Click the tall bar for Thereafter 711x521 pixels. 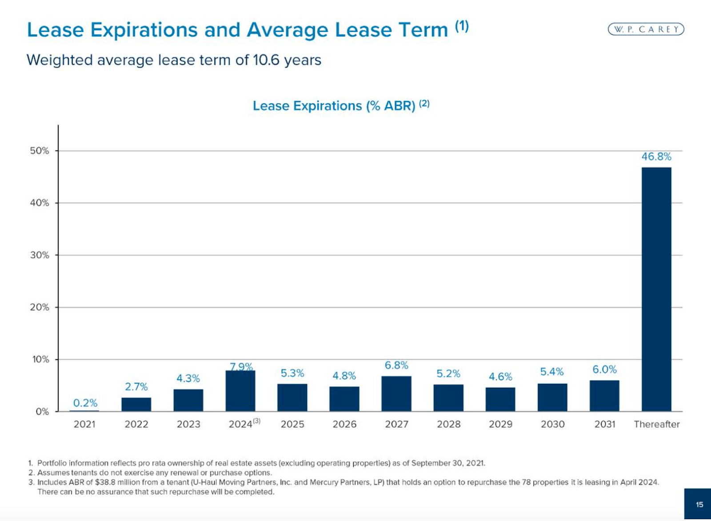click(x=656, y=289)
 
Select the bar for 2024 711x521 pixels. click(x=240, y=391)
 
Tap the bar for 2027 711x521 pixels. click(x=396, y=394)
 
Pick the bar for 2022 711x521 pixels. click(x=136, y=404)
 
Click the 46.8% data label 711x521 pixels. click(x=656, y=156)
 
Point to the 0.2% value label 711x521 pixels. click(x=85, y=403)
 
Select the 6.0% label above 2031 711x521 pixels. click(x=604, y=370)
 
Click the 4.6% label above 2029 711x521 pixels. click(x=500, y=377)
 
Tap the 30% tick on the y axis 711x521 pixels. click(x=40, y=255)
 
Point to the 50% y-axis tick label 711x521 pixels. click(x=40, y=151)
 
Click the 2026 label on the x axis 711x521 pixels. click(x=344, y=424)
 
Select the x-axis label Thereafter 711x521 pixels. click(x=656, y=424)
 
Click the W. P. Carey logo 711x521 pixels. click(x=646, y=29)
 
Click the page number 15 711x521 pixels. click(x=699, y=505)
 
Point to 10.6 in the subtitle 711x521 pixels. click(x=267, y=60)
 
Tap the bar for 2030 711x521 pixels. click(x=552, y=397)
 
